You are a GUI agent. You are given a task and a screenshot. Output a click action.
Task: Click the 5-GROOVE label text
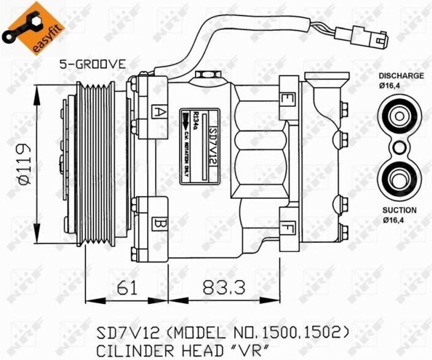[x=92, y=64]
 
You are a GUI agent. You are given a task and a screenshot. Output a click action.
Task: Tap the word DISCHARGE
[x=401, y=76]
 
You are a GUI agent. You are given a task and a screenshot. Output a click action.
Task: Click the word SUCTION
[x=399, y=210]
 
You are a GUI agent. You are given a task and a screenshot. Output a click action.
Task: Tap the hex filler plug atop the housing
[x=208, y=75]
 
